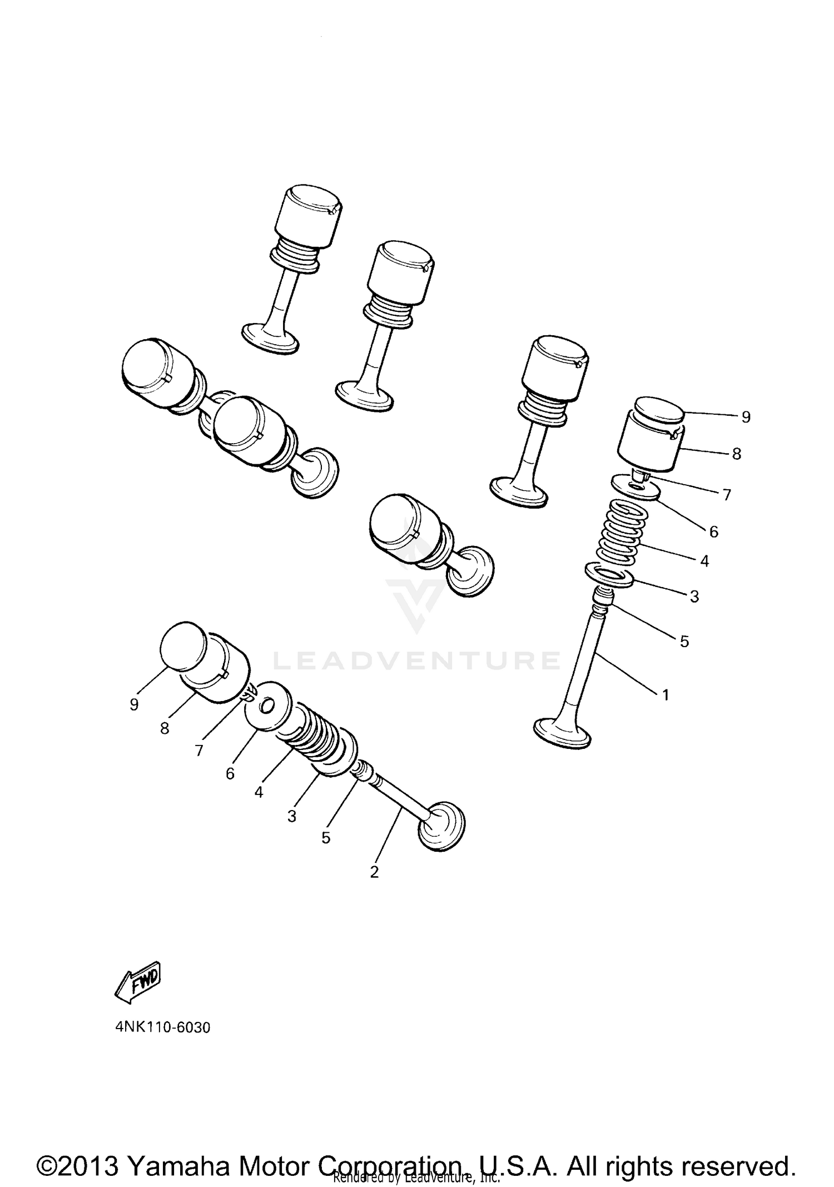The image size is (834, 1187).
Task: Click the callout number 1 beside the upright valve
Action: [x=665, y=694]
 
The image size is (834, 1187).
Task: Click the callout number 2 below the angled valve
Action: [x=374, y=872]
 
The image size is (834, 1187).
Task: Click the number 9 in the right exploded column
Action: [x=746, y=416]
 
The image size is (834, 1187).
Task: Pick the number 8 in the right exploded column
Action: [x=736, y=454]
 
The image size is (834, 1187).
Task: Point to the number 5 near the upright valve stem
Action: [x=684, y=641]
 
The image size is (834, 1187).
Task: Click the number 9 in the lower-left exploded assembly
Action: [x=133, y=704]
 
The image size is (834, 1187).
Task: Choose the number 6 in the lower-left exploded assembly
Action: [x=230, y=773]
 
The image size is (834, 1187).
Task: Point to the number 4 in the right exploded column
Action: [x=704, y=561]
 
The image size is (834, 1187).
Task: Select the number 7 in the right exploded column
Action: [x=726, y=494]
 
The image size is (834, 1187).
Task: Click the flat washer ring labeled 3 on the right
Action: [x=609, y=575]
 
